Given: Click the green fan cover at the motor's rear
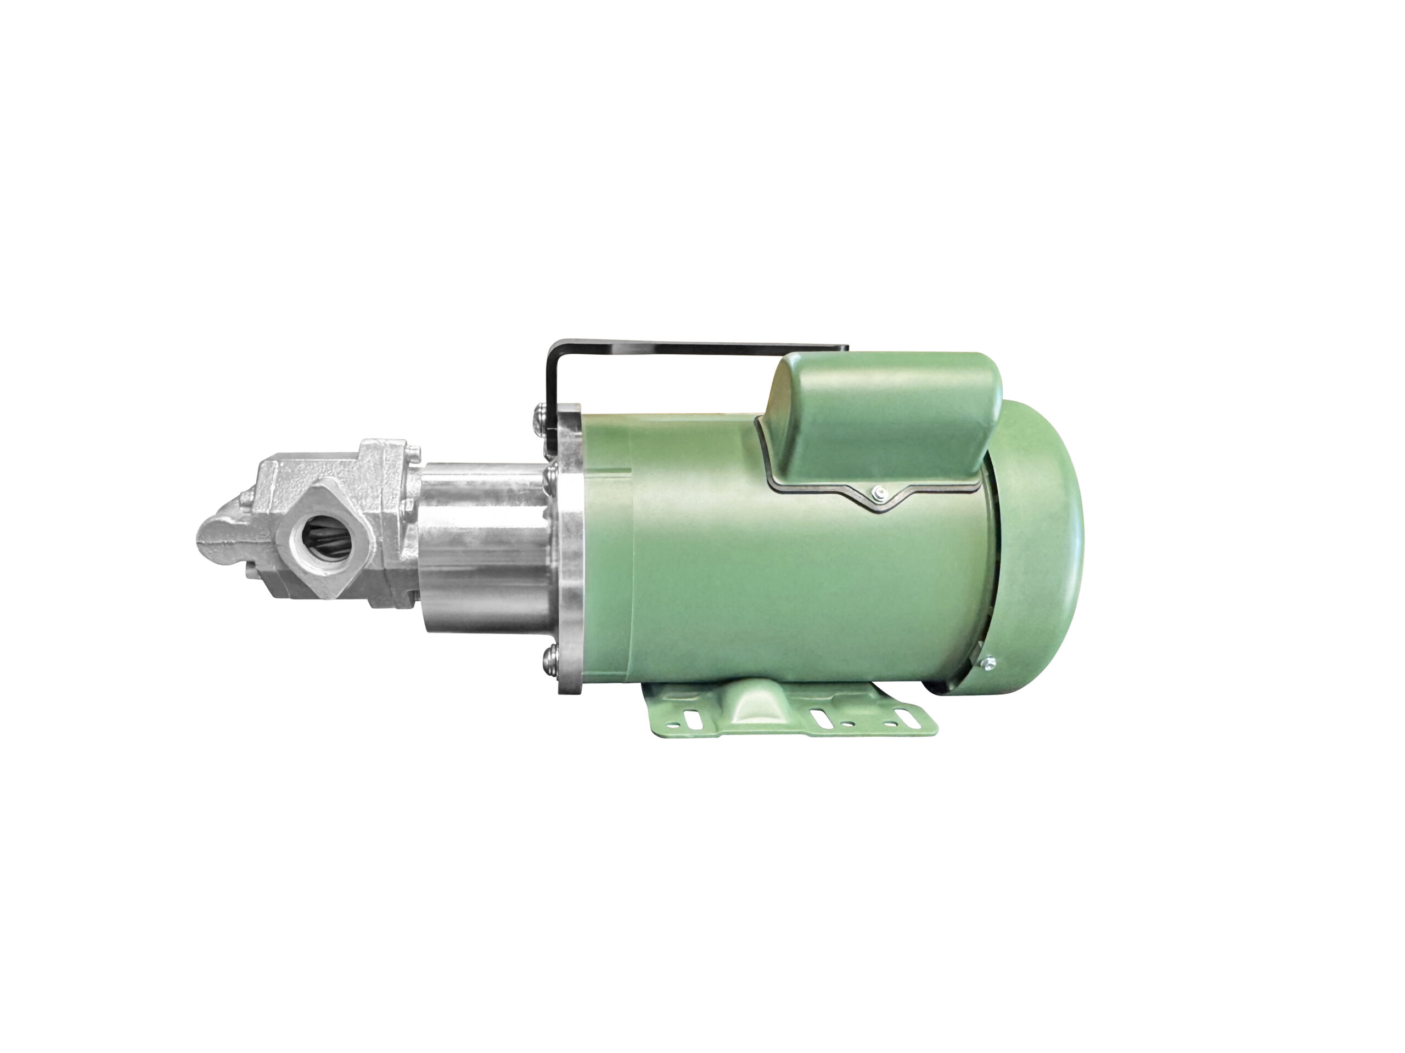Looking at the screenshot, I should tap(1042, 546).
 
